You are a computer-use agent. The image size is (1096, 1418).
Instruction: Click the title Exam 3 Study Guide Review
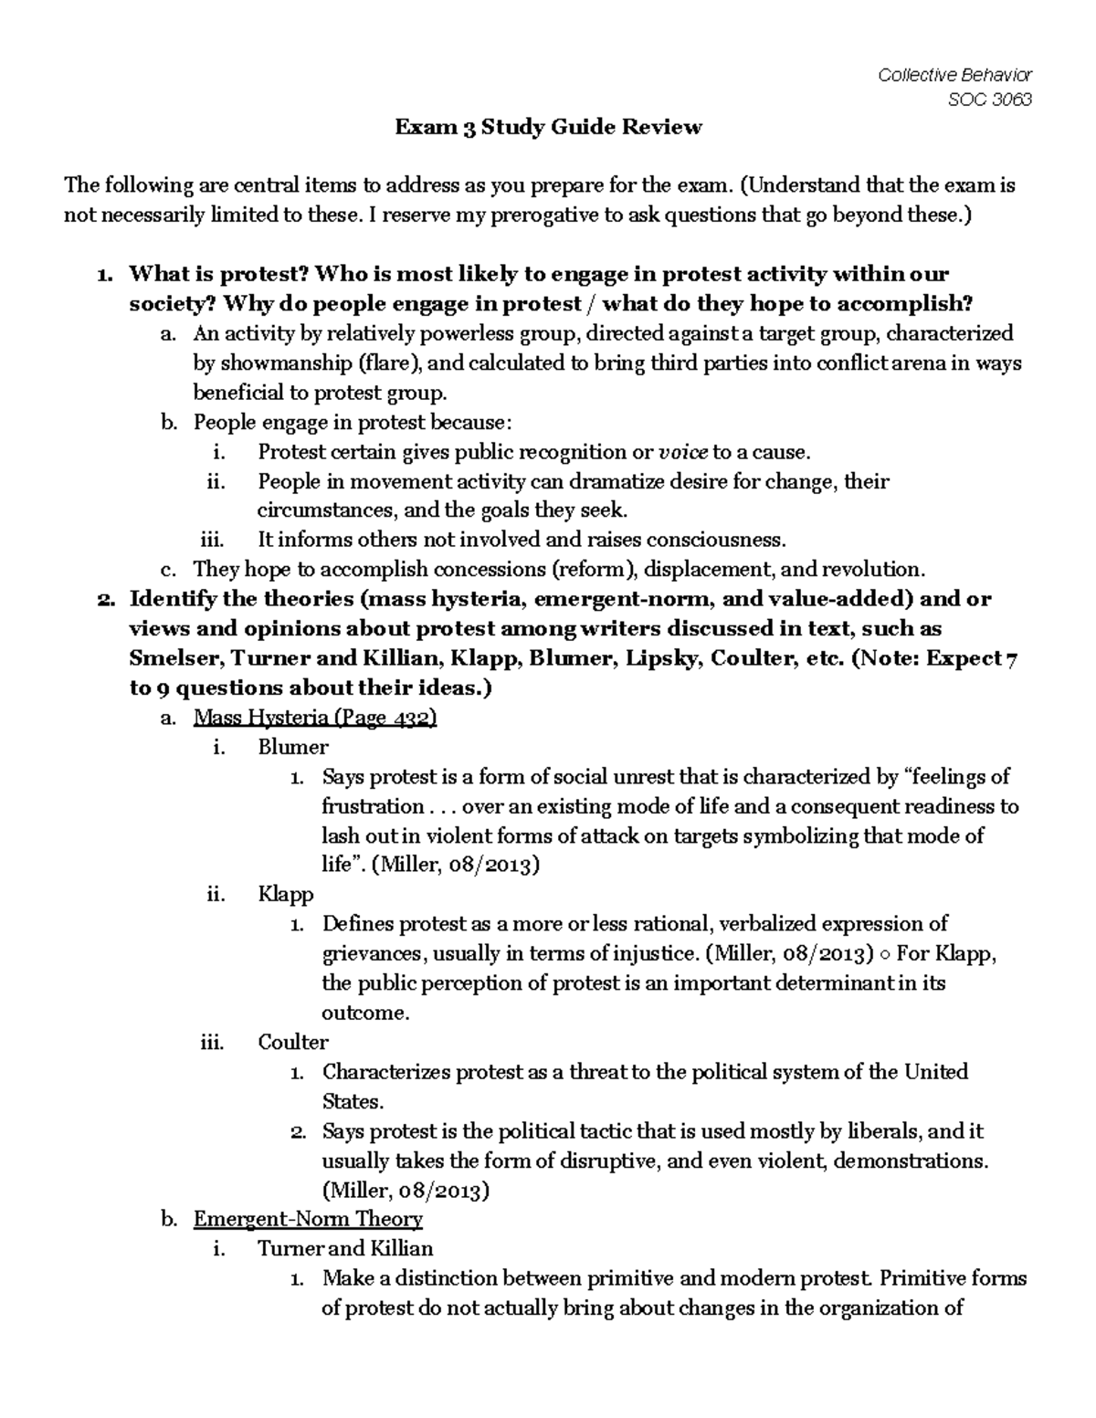tap(548, 127)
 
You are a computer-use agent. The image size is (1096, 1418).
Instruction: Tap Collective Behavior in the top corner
tap(954, 75)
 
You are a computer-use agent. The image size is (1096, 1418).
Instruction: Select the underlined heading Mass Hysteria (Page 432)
tap(315, 718)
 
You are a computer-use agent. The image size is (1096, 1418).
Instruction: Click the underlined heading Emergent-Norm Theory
tap(308, 1219)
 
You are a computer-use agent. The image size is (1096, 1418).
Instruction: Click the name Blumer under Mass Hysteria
tap(292, 747)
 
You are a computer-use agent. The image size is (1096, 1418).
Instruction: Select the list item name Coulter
tap(292, 1042)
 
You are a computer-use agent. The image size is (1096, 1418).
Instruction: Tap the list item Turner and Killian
tap(345, 1248)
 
